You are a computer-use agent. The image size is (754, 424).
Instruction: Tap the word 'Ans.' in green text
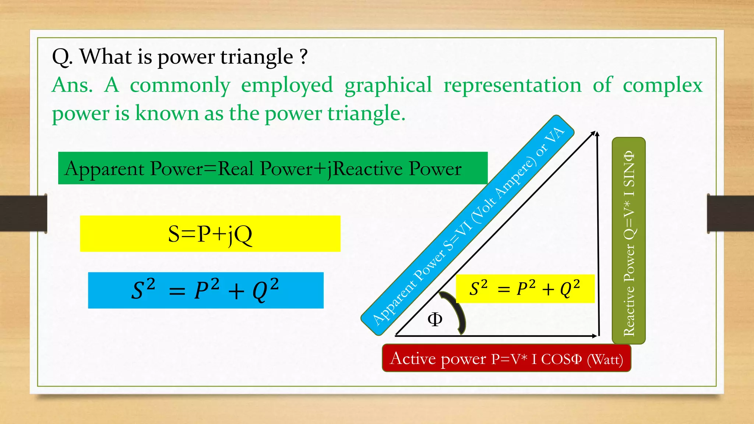[73, 85]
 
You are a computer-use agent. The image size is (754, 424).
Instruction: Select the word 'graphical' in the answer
[388, 85]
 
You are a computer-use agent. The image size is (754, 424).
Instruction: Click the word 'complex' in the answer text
[662, 85]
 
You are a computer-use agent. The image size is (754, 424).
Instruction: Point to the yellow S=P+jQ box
[210, 234]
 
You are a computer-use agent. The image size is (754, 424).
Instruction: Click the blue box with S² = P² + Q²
[205, 290]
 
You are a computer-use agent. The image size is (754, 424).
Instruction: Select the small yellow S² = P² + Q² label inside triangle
[525, 289]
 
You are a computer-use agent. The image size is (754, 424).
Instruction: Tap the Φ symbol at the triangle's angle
[435, 319]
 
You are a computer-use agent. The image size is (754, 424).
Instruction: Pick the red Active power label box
[506, 358]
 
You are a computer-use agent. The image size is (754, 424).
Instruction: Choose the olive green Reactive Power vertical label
[628, 241]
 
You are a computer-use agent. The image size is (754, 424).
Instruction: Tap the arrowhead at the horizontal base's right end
[595, 336]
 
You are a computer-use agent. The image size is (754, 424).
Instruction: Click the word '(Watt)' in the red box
[605, 359]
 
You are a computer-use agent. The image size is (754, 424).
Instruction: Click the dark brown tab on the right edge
[730, 213]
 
